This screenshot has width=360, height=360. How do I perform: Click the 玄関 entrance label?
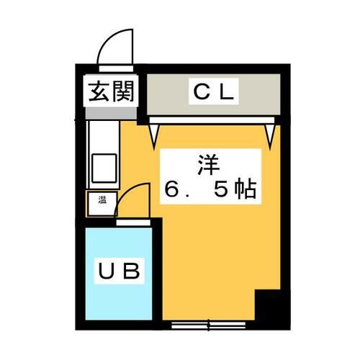112,92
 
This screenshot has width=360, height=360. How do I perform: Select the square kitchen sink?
102,167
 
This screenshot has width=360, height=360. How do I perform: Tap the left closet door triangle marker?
154,131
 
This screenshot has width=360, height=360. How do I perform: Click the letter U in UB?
106,272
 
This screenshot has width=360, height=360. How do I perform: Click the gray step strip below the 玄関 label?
112,113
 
